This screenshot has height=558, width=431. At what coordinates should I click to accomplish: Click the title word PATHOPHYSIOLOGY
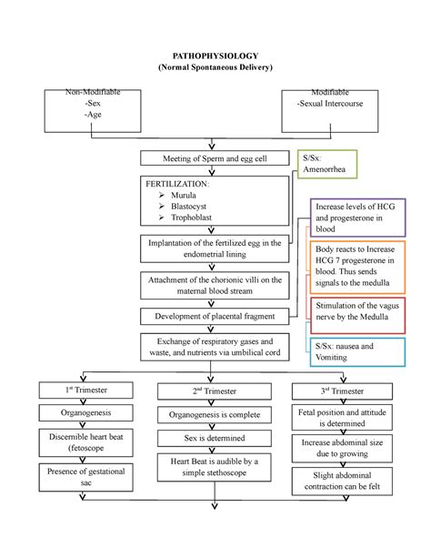[215, 56]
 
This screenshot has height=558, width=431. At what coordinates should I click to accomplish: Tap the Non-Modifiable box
[93, 111]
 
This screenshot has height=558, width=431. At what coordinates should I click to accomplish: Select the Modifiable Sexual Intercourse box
[330, 111]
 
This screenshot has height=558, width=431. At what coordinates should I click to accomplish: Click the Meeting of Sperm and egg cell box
[215, 158]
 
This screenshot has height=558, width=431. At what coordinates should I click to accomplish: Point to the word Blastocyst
[188, 206]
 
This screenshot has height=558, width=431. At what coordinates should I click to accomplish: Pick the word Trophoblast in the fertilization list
[191, 217]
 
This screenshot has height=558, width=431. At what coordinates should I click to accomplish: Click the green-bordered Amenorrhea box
[327, 164]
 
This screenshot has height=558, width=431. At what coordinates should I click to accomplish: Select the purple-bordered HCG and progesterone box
[357, 218]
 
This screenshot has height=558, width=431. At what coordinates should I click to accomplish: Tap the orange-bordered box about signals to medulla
[357, 268]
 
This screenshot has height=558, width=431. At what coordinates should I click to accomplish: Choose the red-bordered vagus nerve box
[357, 316]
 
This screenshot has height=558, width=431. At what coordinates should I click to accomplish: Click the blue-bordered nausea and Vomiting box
[357, 352]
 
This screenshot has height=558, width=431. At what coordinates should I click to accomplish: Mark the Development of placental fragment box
[215, 317]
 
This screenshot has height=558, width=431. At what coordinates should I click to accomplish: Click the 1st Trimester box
[86, 390]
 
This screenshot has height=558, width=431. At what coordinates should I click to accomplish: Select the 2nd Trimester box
[215, 391]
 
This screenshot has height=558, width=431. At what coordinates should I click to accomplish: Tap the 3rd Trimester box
[342, 391]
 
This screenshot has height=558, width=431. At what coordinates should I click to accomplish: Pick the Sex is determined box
[215, 438]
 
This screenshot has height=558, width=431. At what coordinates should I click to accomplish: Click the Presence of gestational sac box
[86, 477]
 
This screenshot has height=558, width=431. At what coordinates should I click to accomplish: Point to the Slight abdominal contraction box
[342, 482]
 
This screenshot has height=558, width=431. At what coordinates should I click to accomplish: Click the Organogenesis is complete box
[215, 415]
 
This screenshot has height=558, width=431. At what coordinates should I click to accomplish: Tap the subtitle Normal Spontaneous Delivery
[215, 67]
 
